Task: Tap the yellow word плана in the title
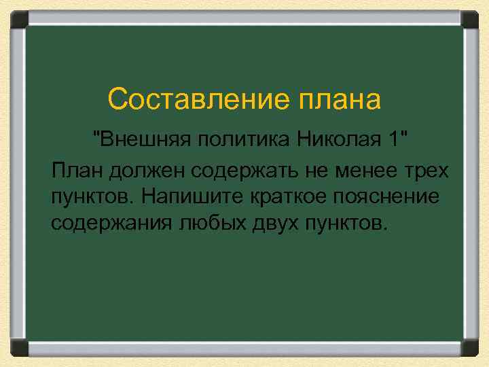tap(339, 100)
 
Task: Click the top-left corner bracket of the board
tap(19, 19)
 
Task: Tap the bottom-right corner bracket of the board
tap(470, 347)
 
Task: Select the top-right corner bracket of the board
tap(470, 19)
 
